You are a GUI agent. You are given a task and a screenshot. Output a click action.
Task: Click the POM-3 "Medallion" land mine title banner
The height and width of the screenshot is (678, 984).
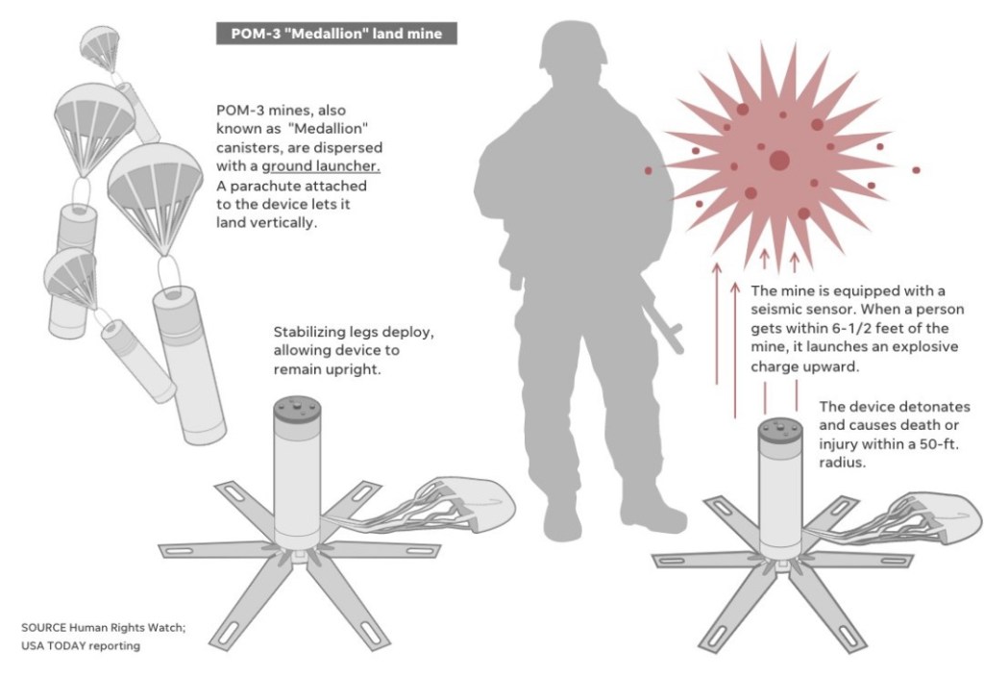click(336, 34)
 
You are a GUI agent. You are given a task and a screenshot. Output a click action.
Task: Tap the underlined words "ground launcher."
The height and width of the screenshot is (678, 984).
click(321, 166)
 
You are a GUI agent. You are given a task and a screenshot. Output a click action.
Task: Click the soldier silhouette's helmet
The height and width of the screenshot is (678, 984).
click(573, 44)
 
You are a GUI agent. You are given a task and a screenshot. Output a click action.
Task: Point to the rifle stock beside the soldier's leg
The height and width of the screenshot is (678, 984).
click(664, 320)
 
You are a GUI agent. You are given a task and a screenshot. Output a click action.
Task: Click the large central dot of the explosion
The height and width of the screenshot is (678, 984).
click(779, 160)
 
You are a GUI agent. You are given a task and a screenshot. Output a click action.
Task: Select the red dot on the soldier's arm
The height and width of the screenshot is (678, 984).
click(649, 170)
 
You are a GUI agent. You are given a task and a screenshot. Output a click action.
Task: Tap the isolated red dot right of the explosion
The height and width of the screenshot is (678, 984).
click(916, 170)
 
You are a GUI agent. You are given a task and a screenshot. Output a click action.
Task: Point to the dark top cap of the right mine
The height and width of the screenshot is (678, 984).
click(780, 431)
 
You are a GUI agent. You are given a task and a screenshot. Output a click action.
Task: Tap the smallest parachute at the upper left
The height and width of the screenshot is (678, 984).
click(100, 48)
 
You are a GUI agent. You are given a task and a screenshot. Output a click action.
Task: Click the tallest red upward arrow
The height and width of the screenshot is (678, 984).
click(717, 323)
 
